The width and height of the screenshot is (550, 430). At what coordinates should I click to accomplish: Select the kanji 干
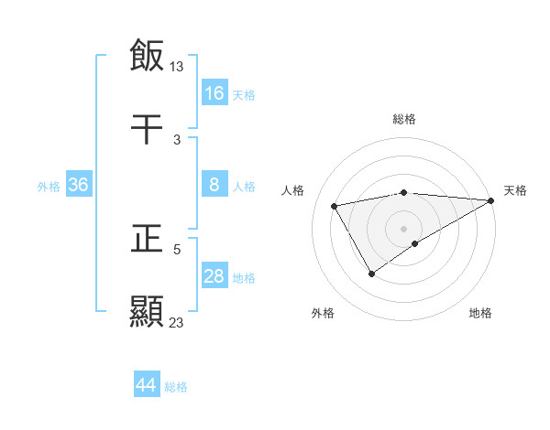pyautogui.click(x=147, y=129)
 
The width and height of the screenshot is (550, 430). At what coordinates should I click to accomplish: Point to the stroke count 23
pyautogui.click(x=177, y=322)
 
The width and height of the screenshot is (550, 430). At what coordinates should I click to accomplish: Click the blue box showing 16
pyautogui.click(x=214, y=92)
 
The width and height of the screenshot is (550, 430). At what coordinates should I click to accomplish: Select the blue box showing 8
pyautogui.click(x=214, y=185)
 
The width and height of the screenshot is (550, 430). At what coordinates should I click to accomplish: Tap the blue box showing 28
pyautogui.click(x=214, y=276)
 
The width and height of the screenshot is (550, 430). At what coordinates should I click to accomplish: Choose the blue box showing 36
pyautogui.click(x=79, y=185)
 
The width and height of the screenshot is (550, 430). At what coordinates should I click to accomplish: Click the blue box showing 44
pyautogui.click(x=147, y=385)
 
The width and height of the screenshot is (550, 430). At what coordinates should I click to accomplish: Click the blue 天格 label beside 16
pyautogui.click(x=244, y=94)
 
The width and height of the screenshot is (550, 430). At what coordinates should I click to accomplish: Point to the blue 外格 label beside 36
pyautogui.click(x=49, y=186)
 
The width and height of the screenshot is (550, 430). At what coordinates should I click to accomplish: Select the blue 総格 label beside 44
pyautogui.click(x=176, y=387)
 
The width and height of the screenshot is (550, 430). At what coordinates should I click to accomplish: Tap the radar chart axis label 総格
pyautogui.click(x=404, y=119)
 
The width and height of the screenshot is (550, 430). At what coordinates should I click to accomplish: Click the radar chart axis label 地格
pyautogui.click(x=480, y=314)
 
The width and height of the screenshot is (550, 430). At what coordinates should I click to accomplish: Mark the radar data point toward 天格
pyautogui.click(x=491, y=200)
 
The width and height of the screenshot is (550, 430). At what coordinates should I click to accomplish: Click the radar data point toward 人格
pyautogui.click(x=335, y=206)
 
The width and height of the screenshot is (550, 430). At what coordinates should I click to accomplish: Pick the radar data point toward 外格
pyautogui.click(x=371, y=274)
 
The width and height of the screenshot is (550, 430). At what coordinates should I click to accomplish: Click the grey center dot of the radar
pyautogui.click(x=403, y=228)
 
